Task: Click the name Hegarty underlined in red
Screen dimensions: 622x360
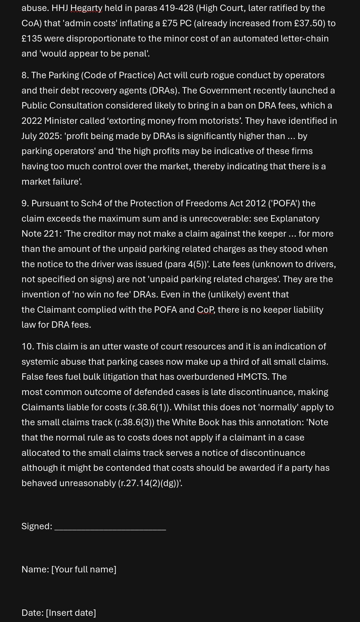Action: click(x=86, y=8)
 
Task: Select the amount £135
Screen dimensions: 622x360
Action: click(x=32, y=39)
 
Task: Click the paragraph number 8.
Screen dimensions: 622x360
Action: click(x=25, y=75)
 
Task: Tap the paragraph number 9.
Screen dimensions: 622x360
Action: click(x=25, y=203)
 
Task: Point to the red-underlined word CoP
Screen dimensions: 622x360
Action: click(x=205, y=310)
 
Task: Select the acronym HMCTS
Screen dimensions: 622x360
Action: click(x=253, y=377)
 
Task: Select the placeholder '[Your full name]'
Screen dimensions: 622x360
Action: click(x=84, y=569)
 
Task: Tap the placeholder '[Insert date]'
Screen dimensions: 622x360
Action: click(x=71, y=613)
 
